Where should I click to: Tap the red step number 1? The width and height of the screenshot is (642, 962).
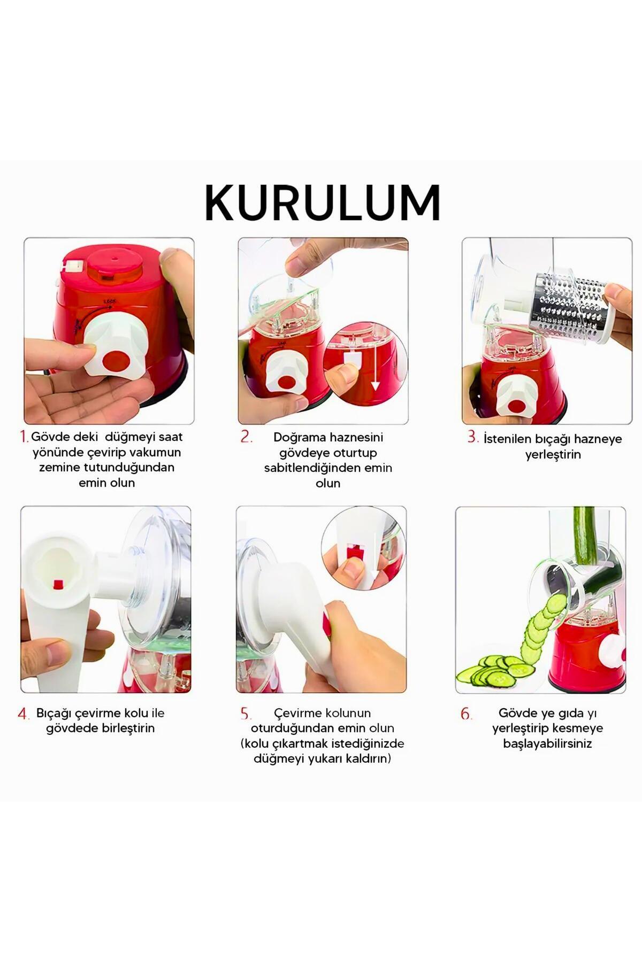(x=24, y=437)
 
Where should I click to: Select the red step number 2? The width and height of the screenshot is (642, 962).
(x=246, y=437)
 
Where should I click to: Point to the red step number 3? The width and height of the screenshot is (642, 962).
(x=472, y=437)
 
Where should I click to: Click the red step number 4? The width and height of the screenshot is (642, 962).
(x=24, y=713)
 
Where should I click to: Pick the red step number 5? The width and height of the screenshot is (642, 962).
(x=246, y=713)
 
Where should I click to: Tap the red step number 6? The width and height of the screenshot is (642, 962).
(x=467, y=713)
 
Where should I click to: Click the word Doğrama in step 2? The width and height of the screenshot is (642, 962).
(x=299, y=437)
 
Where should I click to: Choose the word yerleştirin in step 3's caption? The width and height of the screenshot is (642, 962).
(x=553, y=455)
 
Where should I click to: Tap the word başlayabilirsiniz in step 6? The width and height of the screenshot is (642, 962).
(x=547, y=744)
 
